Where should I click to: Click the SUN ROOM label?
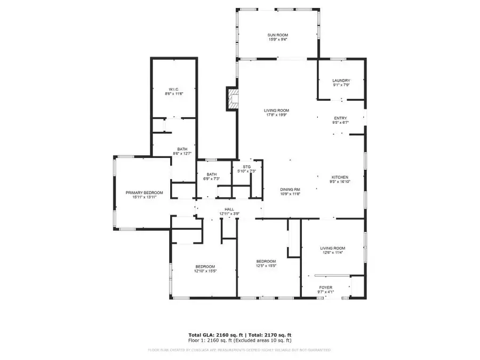tap(277, 35)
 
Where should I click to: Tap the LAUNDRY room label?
tap(341, 81)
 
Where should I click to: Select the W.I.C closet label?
tap(174, 89)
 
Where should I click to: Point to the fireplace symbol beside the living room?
tap(233, 99)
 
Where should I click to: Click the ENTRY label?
tap(340, 118)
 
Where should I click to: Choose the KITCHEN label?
tap(340, 177)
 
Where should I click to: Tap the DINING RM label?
tap(290, 189)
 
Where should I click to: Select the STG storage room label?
tap(246, 167)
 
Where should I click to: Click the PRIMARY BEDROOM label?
tap(144, 193)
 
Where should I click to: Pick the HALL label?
tap(229, 210)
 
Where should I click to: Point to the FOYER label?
tap(325, 288)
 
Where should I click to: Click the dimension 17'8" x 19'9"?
tap(276, 115)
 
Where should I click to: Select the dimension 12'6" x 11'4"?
tap(332, 253)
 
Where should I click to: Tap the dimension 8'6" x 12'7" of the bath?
tap(182, 154)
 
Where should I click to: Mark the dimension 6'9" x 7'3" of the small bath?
tap(212, 179)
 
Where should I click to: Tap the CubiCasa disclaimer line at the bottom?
tap(239, 350)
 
